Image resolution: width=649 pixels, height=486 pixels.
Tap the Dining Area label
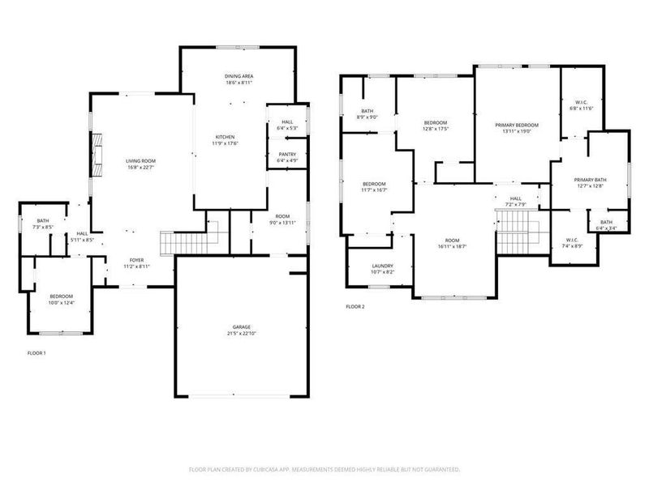(x=239, y=76)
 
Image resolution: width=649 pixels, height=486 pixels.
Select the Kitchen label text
(x=225, y=136)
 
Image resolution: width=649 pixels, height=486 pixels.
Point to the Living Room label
(x=140, y=161)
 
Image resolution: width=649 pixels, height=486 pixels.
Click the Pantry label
(x=286, y=154)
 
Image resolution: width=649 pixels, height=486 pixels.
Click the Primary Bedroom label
(x=517, y=125)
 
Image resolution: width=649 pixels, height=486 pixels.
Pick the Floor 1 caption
(x=37, y=354)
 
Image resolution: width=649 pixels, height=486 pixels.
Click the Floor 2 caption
(x=355, y=307)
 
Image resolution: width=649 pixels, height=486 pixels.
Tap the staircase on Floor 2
(x=513, y=234)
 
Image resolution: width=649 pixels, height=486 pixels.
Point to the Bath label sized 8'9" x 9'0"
(x=367, y=112)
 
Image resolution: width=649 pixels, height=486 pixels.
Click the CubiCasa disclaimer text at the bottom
(x=324, y=469)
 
